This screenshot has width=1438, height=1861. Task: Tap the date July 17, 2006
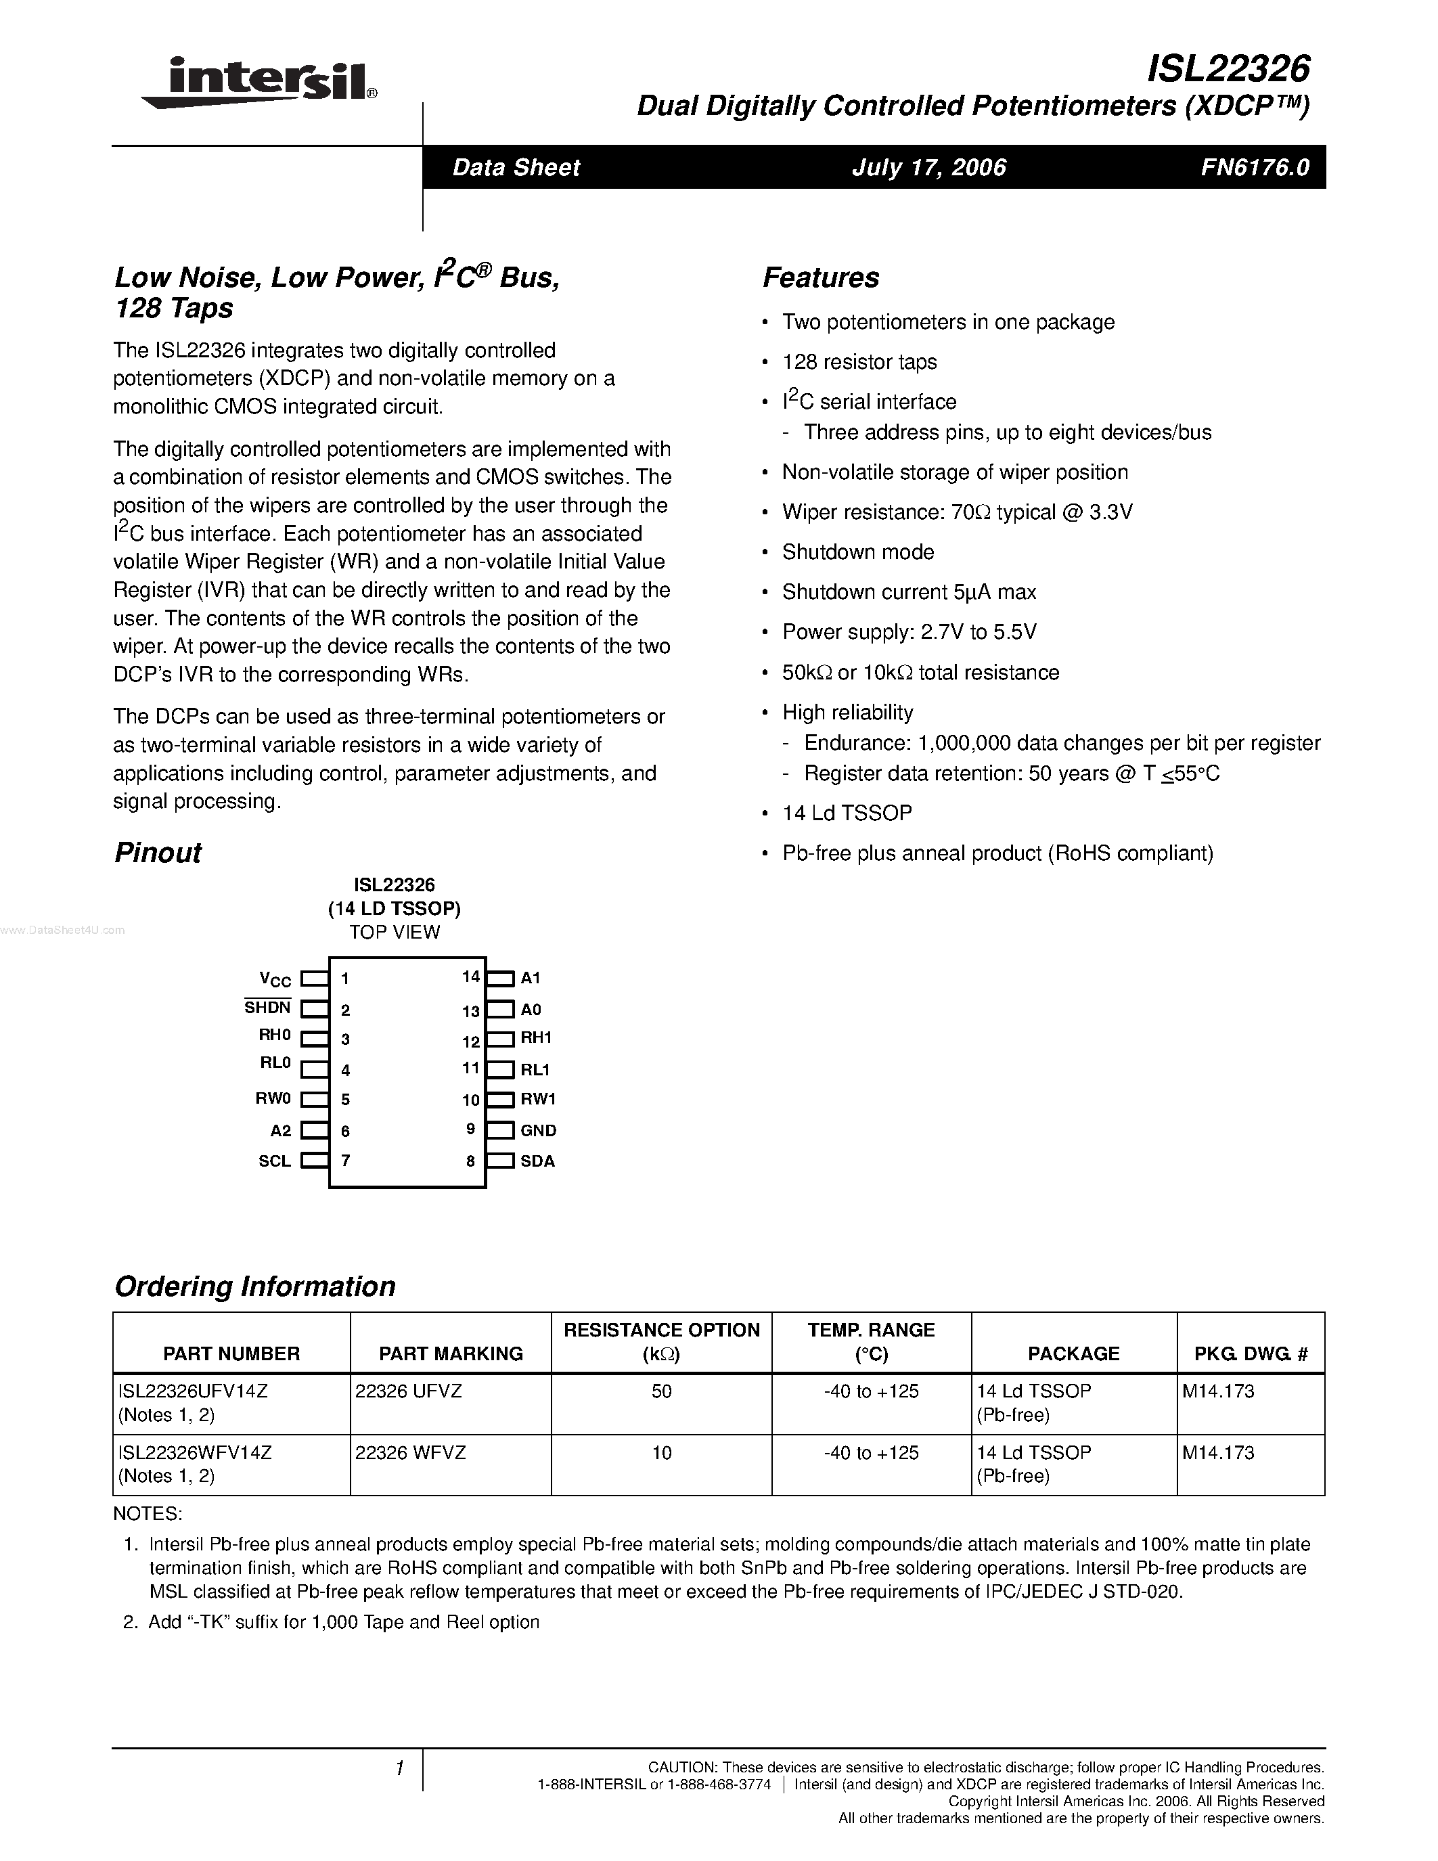point(928,167)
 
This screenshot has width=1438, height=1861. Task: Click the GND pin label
point(539,1131)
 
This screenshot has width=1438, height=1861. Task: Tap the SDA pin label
point(537,1161)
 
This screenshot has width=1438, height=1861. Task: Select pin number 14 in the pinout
point(471,977)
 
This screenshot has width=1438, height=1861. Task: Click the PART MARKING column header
point(451,1354)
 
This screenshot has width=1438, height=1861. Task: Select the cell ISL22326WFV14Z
point(195,1453)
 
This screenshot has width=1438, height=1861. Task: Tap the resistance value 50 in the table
point(661,1391)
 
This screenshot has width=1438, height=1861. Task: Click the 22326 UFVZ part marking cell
point(408,1391)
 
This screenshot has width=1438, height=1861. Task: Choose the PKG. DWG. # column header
point(1251,1354)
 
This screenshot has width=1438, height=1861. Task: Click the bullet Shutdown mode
point(858,552)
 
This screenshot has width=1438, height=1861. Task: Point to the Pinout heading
point(158,853)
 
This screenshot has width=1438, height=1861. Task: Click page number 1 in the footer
point(399,1769)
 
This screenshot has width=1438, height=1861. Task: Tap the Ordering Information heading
point(254,1286)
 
